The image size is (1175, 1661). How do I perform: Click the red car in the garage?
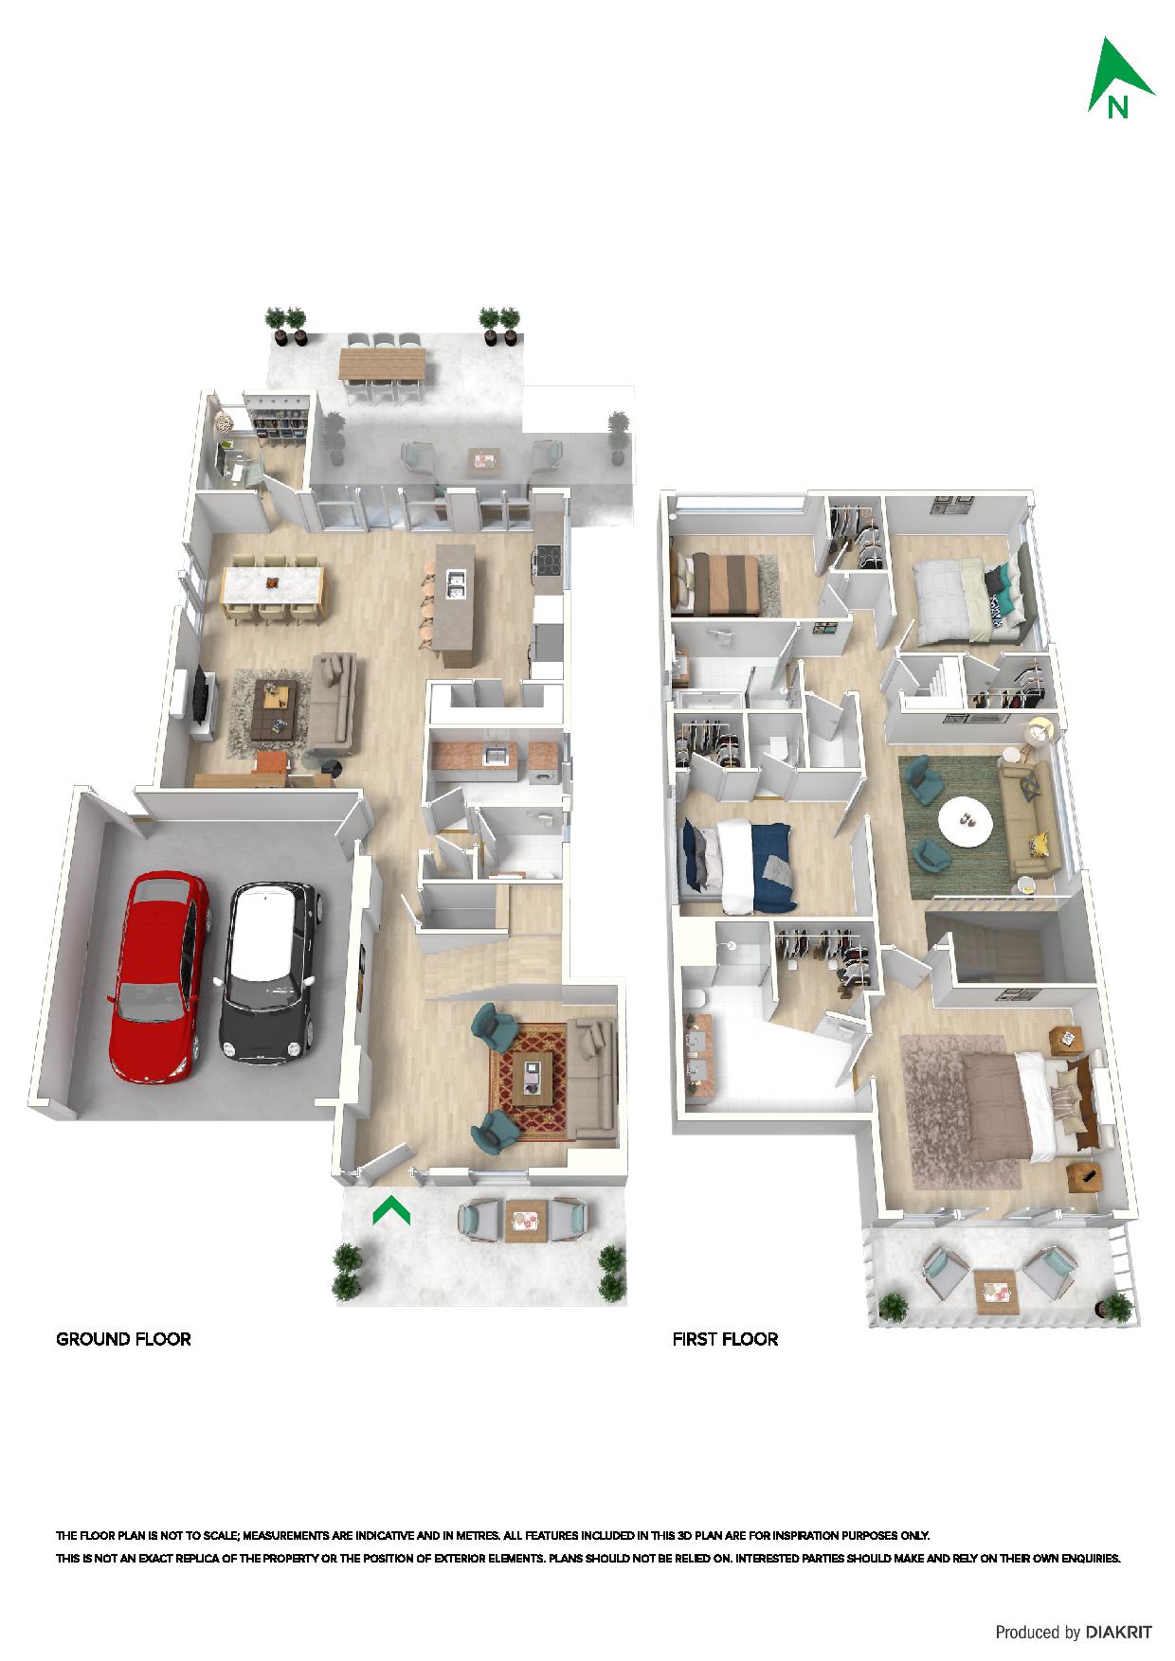pos(158,977)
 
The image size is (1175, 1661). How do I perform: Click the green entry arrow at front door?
pos(390,1209)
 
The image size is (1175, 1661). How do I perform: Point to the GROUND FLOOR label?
pos(124,1339)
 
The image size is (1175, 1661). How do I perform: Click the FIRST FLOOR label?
pos(725,1339)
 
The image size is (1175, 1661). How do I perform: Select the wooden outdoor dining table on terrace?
pos(384,364)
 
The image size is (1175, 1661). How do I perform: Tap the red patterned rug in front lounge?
pos(528,1082)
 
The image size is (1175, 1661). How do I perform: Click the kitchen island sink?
pos(454,585)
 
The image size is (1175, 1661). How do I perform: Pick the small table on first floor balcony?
pos(995,1290)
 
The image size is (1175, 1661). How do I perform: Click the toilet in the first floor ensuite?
pos(695,998)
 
